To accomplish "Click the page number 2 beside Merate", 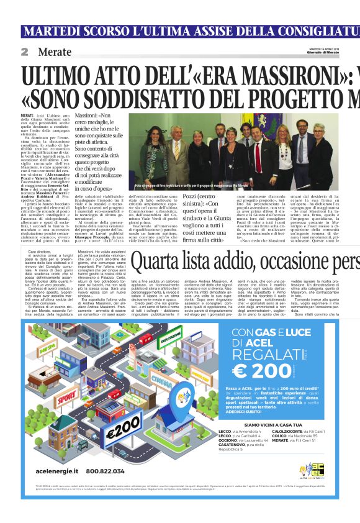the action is (x=25, y=52).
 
